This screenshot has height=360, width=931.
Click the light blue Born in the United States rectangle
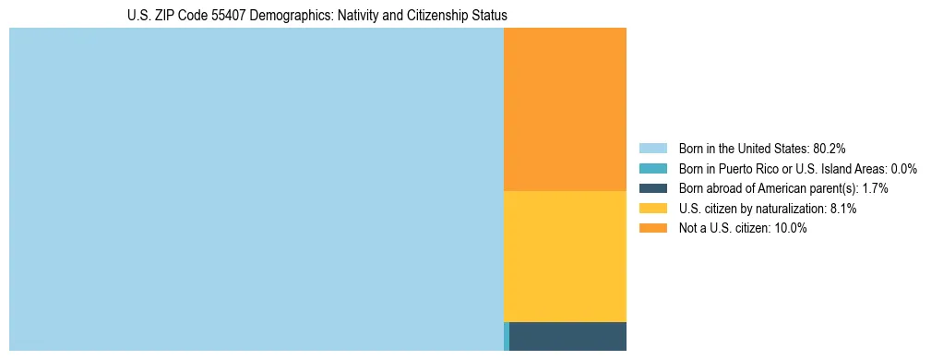click(256, 189)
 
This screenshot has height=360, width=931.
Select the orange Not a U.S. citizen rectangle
click(565, 109)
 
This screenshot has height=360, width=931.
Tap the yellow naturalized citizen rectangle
click(565, 256)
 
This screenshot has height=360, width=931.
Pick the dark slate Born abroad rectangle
click(567, 336)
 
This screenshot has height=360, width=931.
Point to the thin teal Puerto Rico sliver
click(507, 336)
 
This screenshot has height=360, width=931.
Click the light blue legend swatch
click(652, 149)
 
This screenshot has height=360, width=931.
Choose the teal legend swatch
click(652, 169)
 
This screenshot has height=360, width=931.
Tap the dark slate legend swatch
click(652, 188)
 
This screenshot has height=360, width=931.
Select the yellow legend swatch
click(652, 209)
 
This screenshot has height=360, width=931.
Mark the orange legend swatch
click(652, 229)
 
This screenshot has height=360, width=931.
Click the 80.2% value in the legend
click(830, 149)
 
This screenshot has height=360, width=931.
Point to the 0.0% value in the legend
click(903, 169)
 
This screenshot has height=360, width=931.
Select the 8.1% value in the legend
click(843, 209)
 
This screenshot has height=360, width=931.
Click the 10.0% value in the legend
click(792, 229)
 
